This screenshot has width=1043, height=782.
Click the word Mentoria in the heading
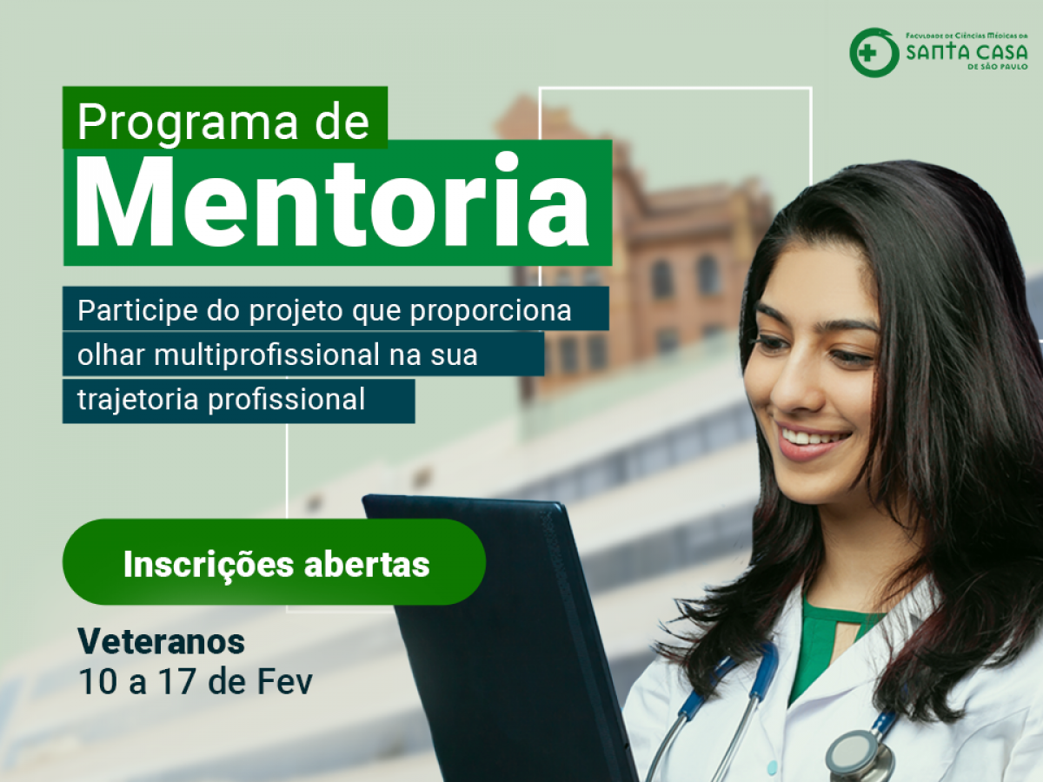pyautogui.click(x=332, y=202)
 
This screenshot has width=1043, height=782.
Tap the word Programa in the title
pyautogui.click(x=187, y=123)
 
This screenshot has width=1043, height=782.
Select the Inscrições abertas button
pyautogui.click(x=274, y=561)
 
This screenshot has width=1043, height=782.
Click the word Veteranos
pyautogui.click(x=162, y=641)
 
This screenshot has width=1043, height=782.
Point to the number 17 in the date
pyautogui.click(x=176, y=682)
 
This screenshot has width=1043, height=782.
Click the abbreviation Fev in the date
pyautogui.click(x=284, y=682)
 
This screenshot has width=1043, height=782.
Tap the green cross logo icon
pyautogui.click(x=874, y=53)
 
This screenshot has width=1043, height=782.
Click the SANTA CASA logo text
pyautogui.click(x=967, y=52)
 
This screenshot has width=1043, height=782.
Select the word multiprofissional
pyautogui.click(x=267, y=355)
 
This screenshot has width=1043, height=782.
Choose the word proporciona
pyautogui.click(x=490, y=311)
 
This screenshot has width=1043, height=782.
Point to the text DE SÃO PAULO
pyautogui.click(x=998, y=67)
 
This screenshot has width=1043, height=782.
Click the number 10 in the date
pyautogui.click(x=97, y=682)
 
